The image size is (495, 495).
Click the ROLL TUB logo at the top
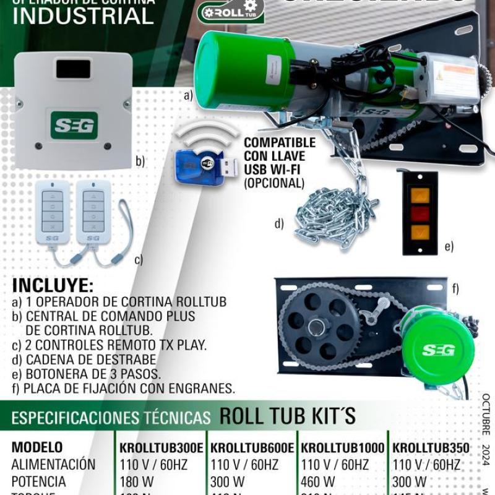[x=230, y=11]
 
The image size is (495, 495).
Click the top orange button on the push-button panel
[x=420, y=196]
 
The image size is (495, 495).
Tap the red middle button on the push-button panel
[x=420, y=214]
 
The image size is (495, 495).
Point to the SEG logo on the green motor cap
[x=439, y=350]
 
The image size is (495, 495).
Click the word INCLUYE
[x=53, y=286]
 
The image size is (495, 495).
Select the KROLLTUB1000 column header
[x=342, y=447]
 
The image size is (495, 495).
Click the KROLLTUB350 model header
[x=431, y=447]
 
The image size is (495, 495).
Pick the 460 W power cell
[x=318, y=481]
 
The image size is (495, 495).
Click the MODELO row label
[x=37, y=447]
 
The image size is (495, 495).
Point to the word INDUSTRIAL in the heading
[x=83, y=17]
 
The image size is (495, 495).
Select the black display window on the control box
[x=74, y=69]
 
